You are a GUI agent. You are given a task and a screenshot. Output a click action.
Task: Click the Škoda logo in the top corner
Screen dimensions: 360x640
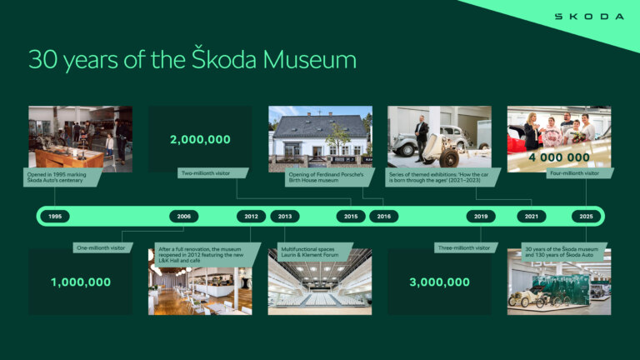pos(589,16)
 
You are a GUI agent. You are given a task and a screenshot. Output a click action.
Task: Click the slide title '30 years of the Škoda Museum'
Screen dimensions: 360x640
pos(192,60)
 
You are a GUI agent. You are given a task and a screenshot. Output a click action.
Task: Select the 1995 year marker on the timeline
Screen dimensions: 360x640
pos(55,217)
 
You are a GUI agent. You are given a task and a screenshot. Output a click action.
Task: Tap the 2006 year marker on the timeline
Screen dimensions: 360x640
pos(183,217)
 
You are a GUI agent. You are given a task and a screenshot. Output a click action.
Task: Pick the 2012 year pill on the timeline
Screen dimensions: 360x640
pos(251,217)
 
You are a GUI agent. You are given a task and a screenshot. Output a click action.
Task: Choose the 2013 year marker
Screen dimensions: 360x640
pos(285,217)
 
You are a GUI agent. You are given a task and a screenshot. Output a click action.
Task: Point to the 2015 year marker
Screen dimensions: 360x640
pos(351,217)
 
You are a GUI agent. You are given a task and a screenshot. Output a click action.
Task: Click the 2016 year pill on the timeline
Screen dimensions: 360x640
pos(383,217)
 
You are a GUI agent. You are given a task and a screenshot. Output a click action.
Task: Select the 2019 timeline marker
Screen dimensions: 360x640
pos(481,217)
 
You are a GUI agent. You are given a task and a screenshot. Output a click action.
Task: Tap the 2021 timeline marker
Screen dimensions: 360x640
pos(531,217)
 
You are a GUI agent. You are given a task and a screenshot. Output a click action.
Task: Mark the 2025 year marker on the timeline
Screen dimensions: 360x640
pos(586,217)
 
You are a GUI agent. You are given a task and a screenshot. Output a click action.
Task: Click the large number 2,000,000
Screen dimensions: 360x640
pos(200,139)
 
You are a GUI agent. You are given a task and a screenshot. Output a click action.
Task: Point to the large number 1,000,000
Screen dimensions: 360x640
pos(81,282)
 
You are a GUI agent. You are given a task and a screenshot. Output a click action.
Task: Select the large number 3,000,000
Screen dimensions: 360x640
pos(439,282)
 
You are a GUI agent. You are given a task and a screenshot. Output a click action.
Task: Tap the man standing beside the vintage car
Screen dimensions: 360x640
pos(423,135)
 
